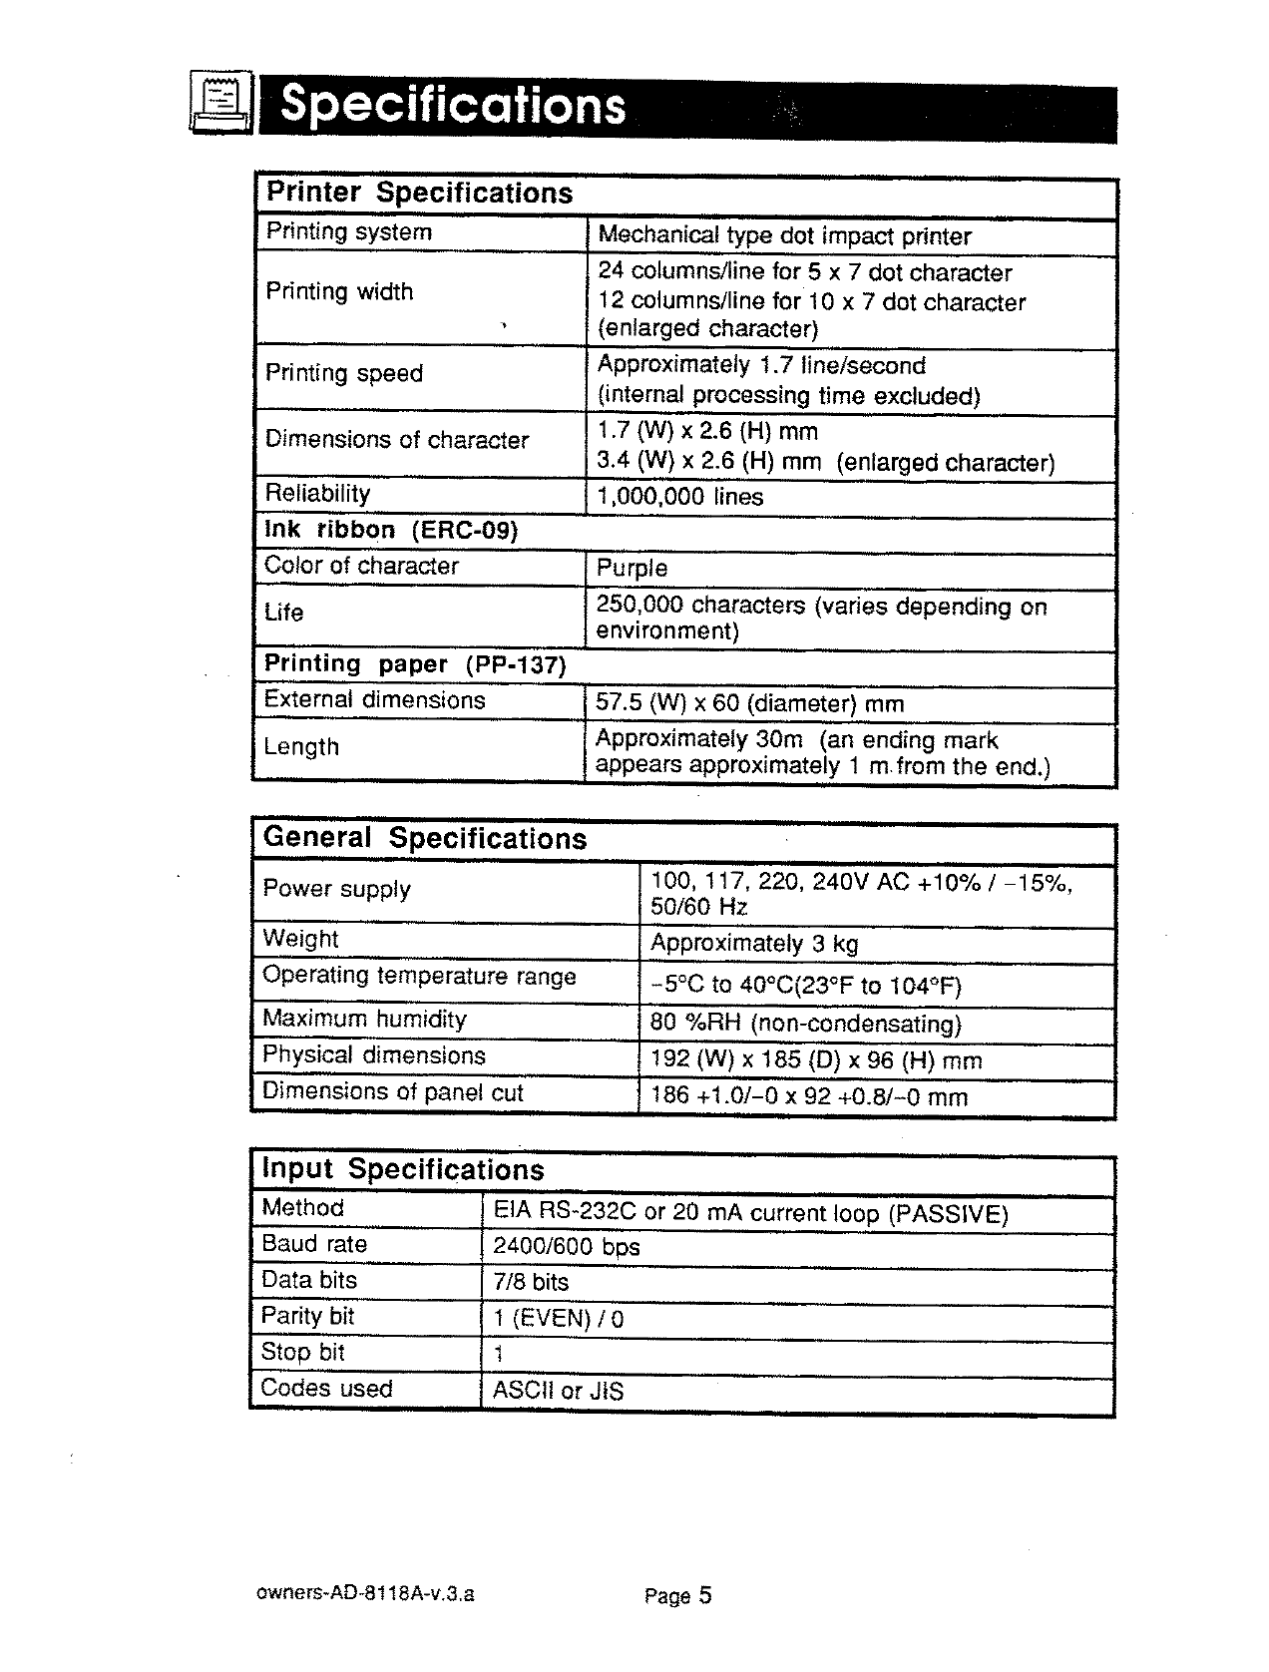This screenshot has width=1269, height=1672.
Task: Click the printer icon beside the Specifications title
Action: (219, 104)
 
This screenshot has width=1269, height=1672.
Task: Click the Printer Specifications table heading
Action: (419, 194)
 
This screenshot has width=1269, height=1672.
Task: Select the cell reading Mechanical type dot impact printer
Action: (784, 236)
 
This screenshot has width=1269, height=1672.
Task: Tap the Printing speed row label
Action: (344, 373)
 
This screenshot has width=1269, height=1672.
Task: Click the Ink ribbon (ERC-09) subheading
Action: (391, 530)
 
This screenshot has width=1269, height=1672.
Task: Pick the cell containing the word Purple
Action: (632, 568)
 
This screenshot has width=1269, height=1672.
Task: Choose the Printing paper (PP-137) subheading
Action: (415, 664)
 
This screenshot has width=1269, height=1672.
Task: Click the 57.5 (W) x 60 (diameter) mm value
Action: (749, 703)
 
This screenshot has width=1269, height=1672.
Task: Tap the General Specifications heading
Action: (425, 838)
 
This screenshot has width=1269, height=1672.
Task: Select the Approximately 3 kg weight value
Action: (753, 944)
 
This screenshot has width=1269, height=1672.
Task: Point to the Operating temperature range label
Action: (419, 976)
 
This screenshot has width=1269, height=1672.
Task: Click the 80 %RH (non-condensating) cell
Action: (805, 1025)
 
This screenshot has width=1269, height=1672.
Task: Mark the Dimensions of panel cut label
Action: (392, 1092)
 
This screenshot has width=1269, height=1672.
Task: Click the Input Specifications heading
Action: (403, 1169)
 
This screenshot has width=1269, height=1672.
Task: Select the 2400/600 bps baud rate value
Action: (566, 1246)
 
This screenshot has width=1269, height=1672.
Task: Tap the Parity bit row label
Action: (307, 1316)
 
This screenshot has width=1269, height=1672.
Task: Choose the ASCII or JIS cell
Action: (558, 1391)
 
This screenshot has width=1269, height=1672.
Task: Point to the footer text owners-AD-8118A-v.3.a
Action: (365, 1594)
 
